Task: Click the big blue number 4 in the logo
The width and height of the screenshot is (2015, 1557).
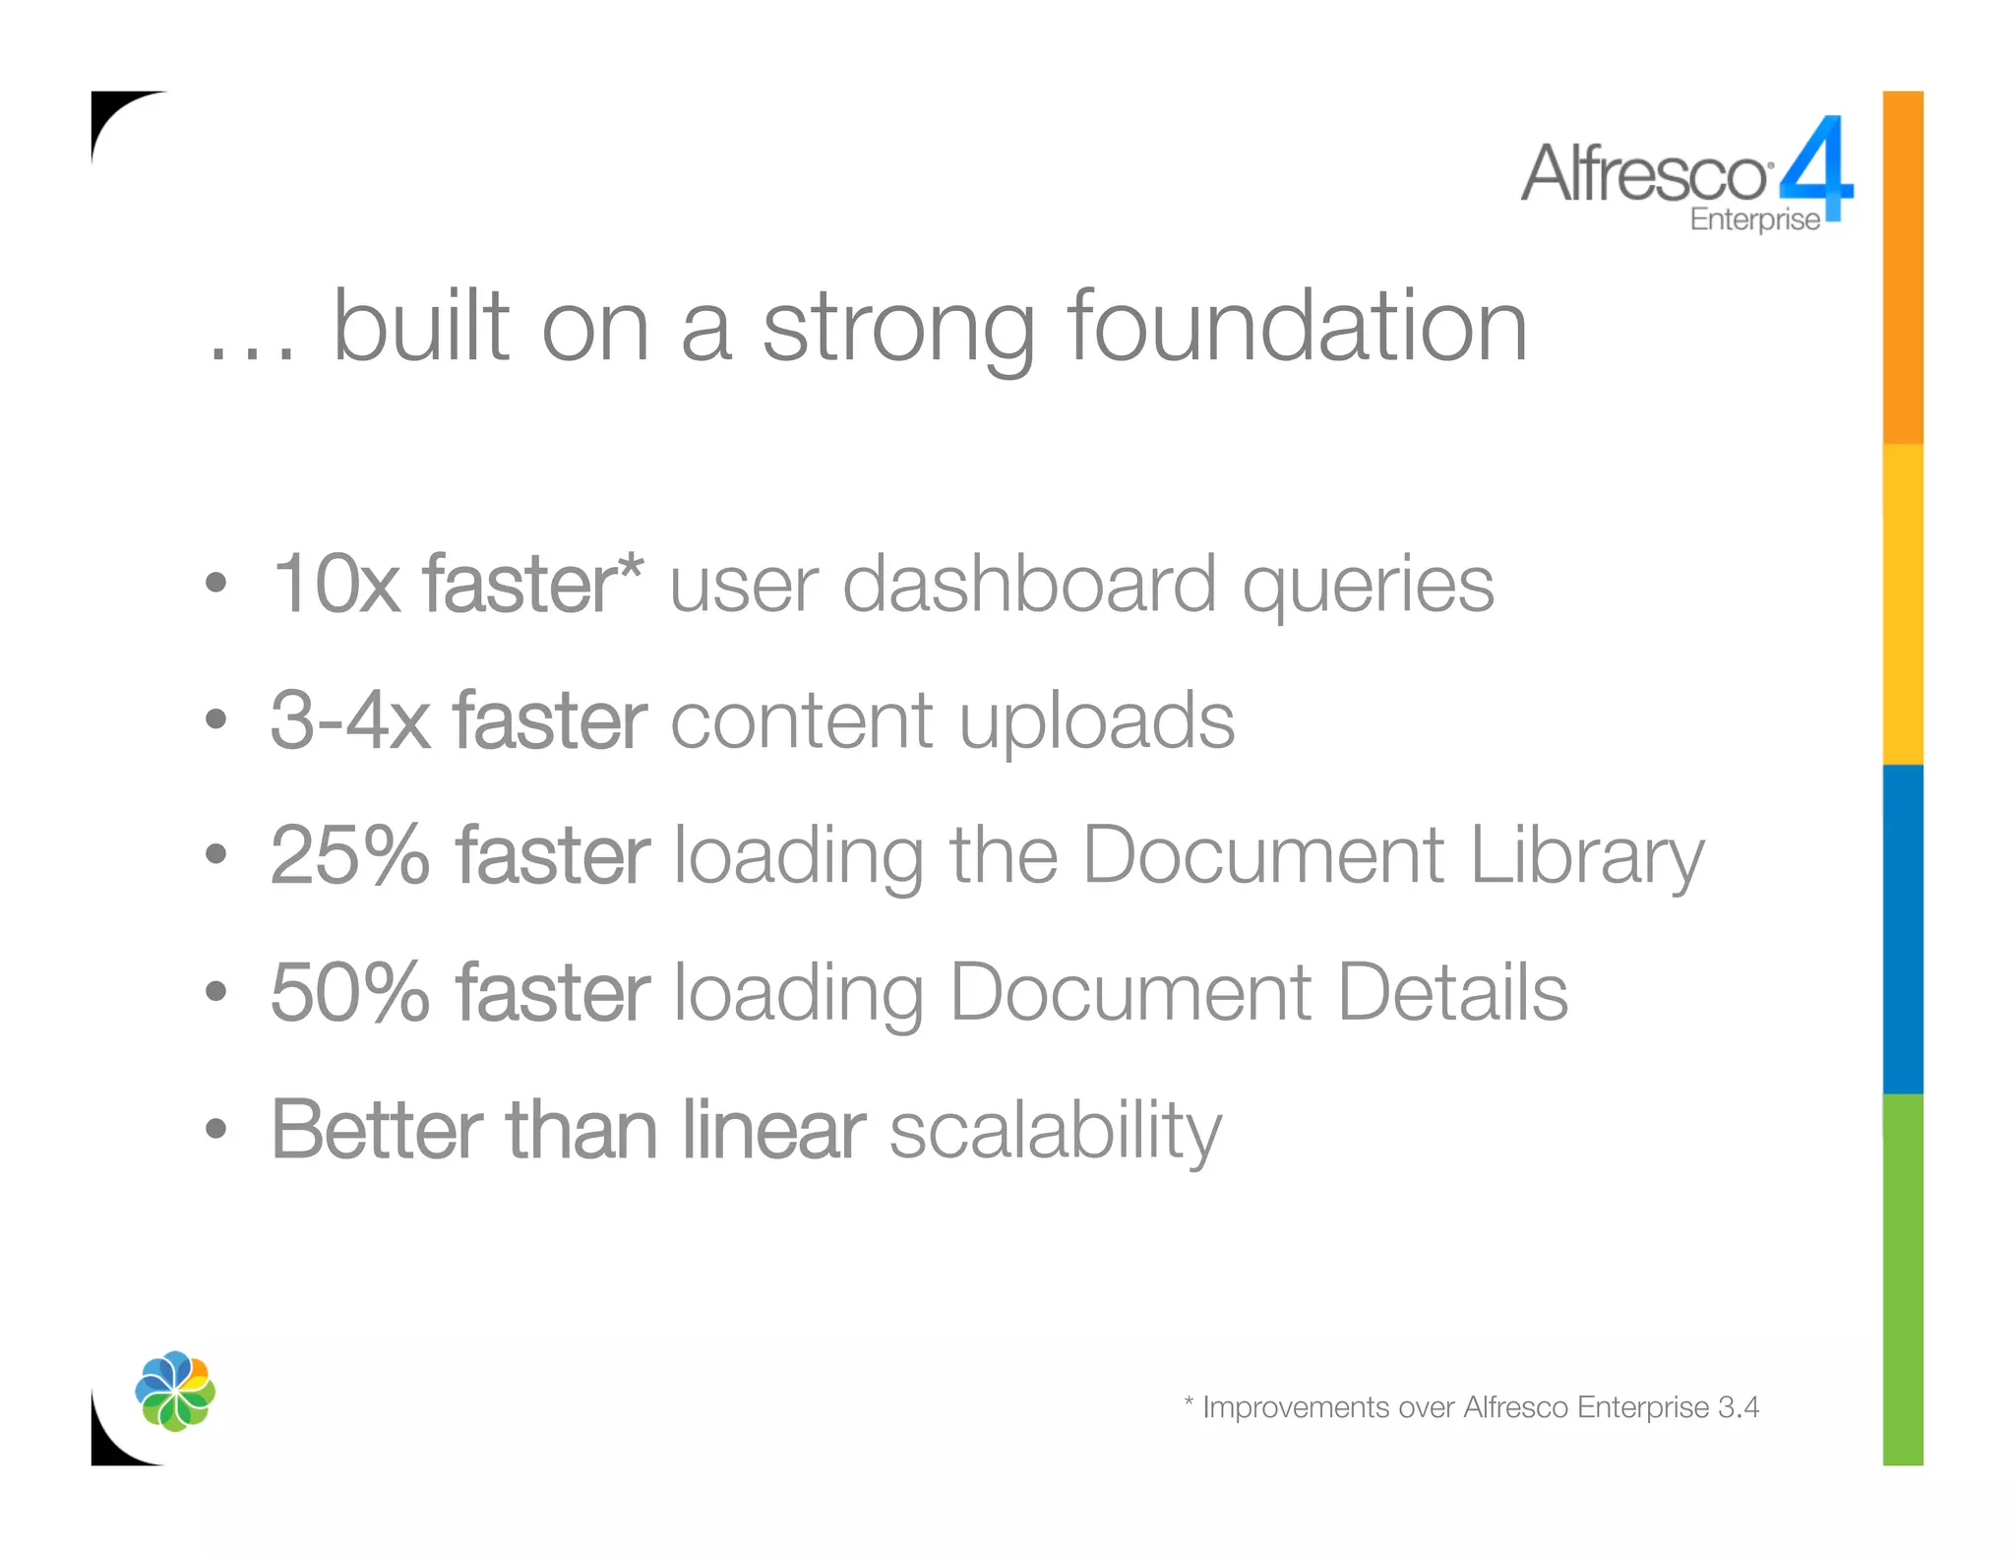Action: [1818, 167]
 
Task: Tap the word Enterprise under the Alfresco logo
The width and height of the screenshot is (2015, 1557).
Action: [1754, 219]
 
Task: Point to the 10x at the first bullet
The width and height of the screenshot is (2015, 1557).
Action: [335, 585]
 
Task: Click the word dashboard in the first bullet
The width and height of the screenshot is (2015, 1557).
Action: [1029, 585]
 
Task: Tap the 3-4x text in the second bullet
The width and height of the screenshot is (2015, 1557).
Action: [349, 720]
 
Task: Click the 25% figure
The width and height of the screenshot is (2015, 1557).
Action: [349, 855]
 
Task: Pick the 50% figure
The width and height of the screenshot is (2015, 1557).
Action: [349, 992]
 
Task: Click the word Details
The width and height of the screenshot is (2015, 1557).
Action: [1452, 992]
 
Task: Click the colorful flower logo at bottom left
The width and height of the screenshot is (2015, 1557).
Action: [175, 1391]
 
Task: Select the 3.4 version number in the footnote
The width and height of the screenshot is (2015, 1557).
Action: [1739, 1407]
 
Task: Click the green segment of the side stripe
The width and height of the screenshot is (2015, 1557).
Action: [1903, 1279]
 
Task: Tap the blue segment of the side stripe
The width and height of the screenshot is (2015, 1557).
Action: [1903, 929]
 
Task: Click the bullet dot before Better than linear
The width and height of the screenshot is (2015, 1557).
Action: [216, 1129]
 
